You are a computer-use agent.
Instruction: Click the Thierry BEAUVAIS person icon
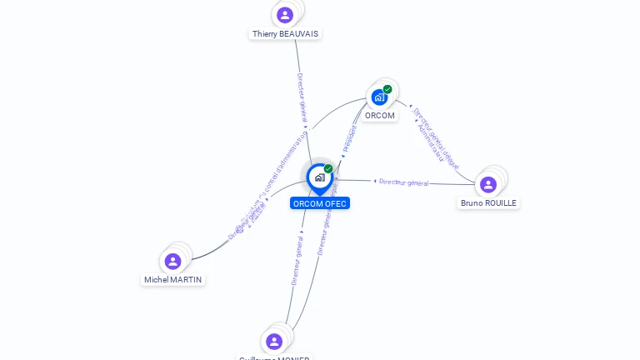coord(285,14)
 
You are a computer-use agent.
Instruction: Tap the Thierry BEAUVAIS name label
coord(285,34)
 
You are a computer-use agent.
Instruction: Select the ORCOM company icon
coord(379,97)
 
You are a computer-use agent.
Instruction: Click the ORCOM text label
coord(380,116)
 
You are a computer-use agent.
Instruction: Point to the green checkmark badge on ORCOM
coord(387,89)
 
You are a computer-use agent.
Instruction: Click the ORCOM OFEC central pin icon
coord(319,177)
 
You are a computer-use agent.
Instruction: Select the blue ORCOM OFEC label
coord(320,203)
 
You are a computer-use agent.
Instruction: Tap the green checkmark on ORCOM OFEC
coord(328,169)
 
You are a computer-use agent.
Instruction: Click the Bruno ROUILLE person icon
coord(488,184)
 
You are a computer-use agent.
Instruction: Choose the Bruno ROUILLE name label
coord(488,203)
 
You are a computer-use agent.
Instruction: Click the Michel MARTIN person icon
coord(173,262)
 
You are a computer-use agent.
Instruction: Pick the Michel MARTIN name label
coord(173,280)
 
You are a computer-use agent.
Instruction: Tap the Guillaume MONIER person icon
coord(274,341)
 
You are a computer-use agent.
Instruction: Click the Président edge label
coord(350,137)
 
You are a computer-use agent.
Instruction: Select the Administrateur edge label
coord(430,142)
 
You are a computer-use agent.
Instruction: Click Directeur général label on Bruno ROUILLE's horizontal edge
coord(403,182)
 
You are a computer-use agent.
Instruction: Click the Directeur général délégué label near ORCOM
coord(437,137)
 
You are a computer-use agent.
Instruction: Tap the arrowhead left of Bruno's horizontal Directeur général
coord(375,181)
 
